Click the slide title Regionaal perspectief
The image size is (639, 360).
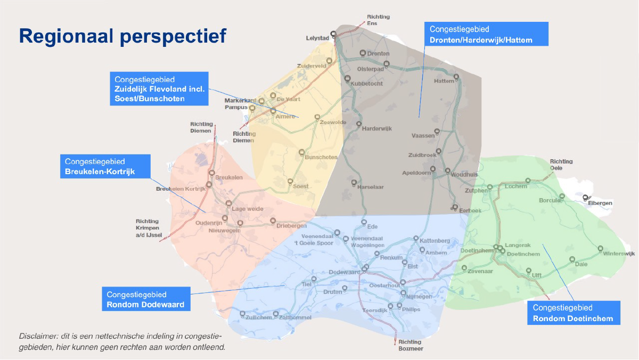tap(122, 36)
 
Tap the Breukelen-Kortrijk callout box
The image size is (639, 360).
tap(106, 166)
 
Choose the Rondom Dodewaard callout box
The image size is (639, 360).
tap(145, 300)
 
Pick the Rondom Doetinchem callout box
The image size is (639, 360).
tap(573, 313)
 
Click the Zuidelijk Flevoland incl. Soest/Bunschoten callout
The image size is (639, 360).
tap(160, 89)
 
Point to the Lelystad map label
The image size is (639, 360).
tap(317, 38)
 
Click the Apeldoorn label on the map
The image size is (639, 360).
tap(416, 173)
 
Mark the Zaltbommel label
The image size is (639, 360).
tap(291, 317)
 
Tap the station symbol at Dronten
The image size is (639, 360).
tap(363, 53)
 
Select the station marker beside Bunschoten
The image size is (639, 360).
tap(301, 152)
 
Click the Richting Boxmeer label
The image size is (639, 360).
tap(409, 345)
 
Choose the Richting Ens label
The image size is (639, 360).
tap(378, 20)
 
